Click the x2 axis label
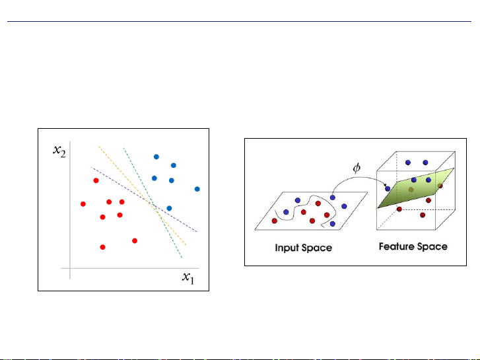click(59, 151)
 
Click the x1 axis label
click(188, 277)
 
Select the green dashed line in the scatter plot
click(153, 203)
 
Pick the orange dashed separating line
click(143, 196)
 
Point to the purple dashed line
click(144, 199)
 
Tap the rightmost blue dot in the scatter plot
click(197, 189)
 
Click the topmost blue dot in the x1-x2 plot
click(156, 157)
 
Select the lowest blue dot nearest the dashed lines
click(169, 208)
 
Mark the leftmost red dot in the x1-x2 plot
click(83, 203)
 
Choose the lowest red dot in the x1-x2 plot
click(102, 247)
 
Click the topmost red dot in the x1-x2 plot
click(96, 180)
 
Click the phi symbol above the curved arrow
click(357, 168)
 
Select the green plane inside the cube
click(416, 188)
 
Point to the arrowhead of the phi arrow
click(385, 185)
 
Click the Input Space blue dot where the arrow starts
click(333, 198)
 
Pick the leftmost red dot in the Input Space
click(274, 221)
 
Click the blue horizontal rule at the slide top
click(239, 21)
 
